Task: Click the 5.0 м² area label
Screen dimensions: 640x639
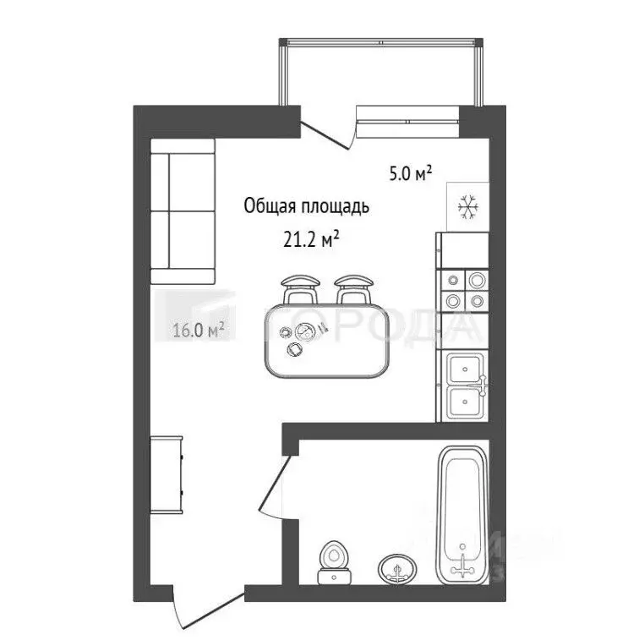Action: point(410,175)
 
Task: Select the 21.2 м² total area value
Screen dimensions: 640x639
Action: point(311,240)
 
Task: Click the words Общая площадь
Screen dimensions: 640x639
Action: point(306,205)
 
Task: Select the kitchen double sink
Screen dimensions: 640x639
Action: point(466,386)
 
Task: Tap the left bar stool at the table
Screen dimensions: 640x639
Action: point(300,289)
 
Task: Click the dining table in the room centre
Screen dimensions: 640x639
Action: point(325,342)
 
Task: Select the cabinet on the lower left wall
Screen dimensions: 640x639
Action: point(167,474)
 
